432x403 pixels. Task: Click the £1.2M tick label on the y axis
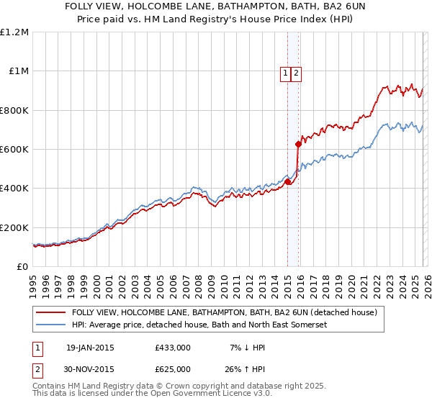[15, 32]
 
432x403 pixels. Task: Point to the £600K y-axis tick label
[14, 150]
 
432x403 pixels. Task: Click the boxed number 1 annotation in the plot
[286, 72]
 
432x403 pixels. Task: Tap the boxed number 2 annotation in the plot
[296, 72]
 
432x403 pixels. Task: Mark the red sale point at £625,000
[298, 145]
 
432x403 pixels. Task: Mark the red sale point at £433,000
[287, 182]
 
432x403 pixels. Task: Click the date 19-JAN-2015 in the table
[90, 348]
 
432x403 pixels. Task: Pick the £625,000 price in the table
[173, 368]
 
